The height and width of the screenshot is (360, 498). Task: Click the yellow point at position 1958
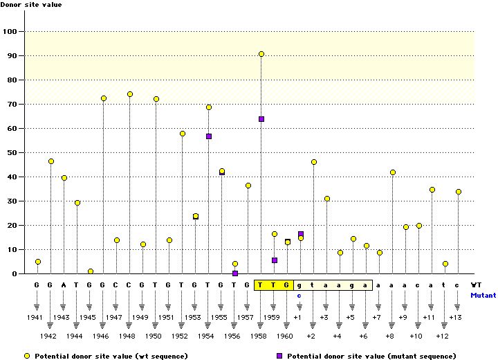(x=261, y=54)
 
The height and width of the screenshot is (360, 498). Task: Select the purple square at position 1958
(x=261, y=119)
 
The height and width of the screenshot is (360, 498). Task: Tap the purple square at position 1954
(x=209, y=136)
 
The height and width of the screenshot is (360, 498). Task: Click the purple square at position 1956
(x=235, y=273)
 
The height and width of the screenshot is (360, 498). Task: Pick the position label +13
(x=455, y=317)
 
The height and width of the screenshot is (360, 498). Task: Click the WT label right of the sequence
(x=476, y=285)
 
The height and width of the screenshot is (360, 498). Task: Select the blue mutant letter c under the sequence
(x=299, y=295)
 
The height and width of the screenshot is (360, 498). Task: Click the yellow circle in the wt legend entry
(x=28, y=355)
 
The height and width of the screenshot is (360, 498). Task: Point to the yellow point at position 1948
(x=129, y=94)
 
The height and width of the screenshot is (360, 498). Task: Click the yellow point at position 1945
(x=90, y=271)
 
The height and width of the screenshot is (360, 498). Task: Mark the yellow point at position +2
(x=314, y=162)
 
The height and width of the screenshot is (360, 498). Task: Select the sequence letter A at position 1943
(x=64, y=285)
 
